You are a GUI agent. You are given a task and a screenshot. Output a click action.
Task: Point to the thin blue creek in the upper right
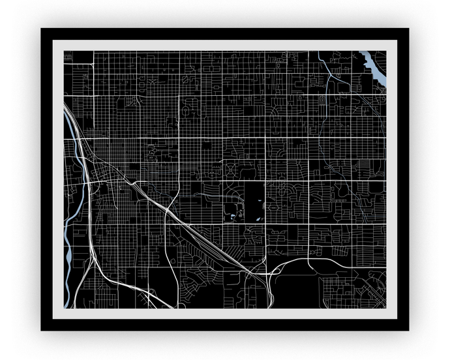click(324, 66)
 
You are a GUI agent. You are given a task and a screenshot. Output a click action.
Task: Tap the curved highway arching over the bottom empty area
click(307, 259)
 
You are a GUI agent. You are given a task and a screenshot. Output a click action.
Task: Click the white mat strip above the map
click(225, 45)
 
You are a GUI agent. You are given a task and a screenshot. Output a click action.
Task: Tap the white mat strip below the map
click(225, 314)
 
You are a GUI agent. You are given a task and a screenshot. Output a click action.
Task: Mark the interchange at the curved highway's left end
click(269, 274)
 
